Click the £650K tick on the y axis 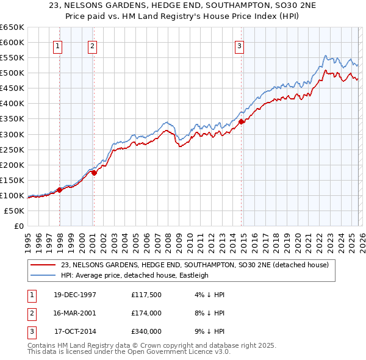click(x=12, y=27)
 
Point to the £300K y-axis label click(x=12, y=134)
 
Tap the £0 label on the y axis click(x=20, y=226)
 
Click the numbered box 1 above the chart click(x=58, y=45)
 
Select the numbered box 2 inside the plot click(x=92, y=45)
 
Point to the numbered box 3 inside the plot click(x=240, y=45)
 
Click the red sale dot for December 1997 click(x=60, y=190)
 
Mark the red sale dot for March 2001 click(x=95, y=173)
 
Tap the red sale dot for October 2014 click(x=241, y=122)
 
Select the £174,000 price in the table click(x=146, y=313)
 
